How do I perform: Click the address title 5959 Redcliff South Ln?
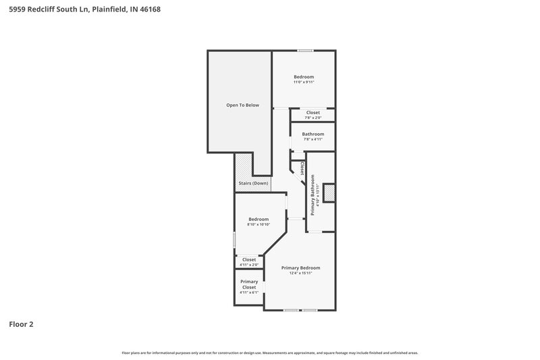84,9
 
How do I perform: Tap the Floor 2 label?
21,324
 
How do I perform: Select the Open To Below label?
242,105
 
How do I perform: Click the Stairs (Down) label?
253,184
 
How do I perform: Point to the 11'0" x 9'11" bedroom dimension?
303,82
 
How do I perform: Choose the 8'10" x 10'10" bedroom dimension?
259,224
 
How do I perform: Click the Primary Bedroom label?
300,268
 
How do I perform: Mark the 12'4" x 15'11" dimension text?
300,274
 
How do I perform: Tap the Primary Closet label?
249,284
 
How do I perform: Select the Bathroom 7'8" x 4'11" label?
313,134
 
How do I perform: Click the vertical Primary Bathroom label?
313,195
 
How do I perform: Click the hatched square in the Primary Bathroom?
329,194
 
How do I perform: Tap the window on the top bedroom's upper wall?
305,51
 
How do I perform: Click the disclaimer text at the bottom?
269,353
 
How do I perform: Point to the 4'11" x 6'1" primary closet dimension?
249,292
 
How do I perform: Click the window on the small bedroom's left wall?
234,239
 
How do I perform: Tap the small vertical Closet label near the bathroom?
303,168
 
